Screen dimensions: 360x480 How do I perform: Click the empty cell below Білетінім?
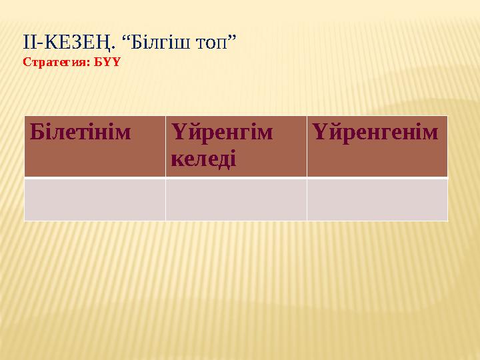click(95, 199)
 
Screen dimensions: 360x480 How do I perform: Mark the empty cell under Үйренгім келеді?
click(236, 199)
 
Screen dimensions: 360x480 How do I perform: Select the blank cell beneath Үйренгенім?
click(377, 199)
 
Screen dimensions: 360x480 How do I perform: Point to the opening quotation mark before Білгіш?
click(125, 40)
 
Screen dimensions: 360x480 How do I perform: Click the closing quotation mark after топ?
click(233, 40)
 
